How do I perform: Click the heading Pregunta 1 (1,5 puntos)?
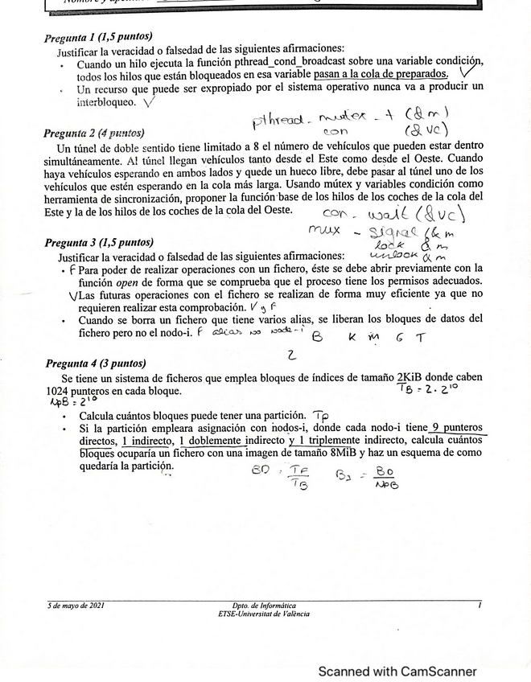98,38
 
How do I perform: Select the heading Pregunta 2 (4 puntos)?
94,134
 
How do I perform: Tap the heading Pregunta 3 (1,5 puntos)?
98,242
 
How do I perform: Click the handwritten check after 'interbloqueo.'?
149,102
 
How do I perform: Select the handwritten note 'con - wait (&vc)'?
394,215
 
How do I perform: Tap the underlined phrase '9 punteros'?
458,428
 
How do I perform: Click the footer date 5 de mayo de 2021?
76,605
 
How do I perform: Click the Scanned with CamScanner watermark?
397,671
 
